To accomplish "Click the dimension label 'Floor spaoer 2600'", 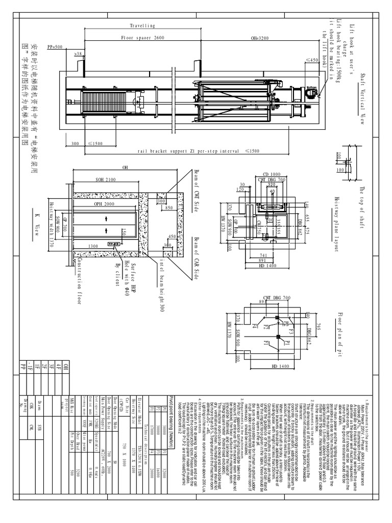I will pyautogui.click(x=142, y=38).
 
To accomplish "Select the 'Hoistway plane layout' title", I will pyautogui.click(x=336, y=224).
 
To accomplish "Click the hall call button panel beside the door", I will pyautogui.click(x=110, y=245).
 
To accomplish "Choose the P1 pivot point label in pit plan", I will pyautogui.click(x=287, y=344).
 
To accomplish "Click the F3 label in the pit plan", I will pyautogui.click(x=291, y=331).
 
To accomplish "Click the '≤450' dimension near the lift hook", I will pyautogui.click(x=311, y=60).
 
